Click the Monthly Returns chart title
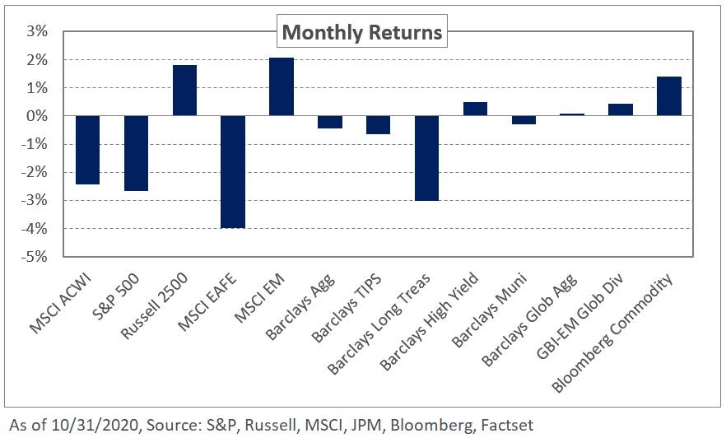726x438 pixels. [x=362, y=33]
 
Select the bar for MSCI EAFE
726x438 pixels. [x=233, y=171]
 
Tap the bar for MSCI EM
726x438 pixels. [x=282, y=86]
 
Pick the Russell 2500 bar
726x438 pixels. [x=184, y=91]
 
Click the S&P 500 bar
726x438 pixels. [x=136, y=153]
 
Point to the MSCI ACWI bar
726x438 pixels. [x=87, y=150]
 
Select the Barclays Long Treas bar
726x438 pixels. [x=426, y=158]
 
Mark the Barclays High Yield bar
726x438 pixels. [x=475, y=109]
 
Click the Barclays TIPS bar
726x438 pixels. [x=378, y=125]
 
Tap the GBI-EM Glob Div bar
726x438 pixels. [x=621, y=109]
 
